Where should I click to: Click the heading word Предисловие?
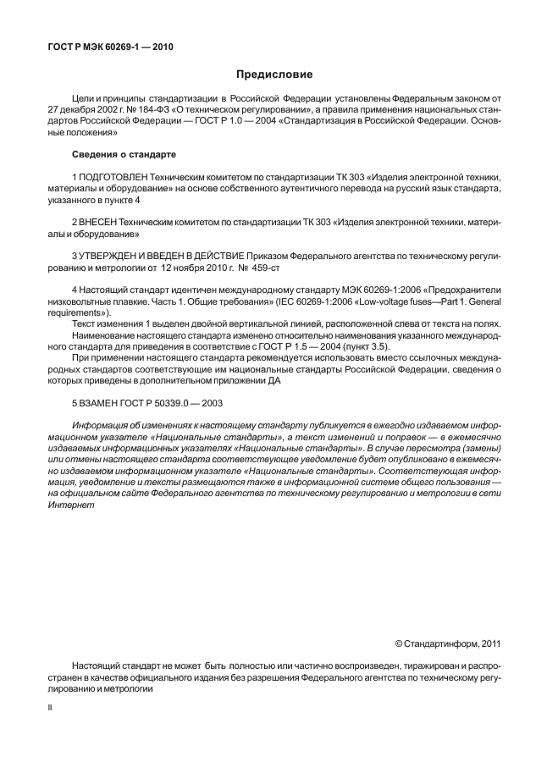[273, 75]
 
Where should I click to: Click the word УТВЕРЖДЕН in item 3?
[113, 254]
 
